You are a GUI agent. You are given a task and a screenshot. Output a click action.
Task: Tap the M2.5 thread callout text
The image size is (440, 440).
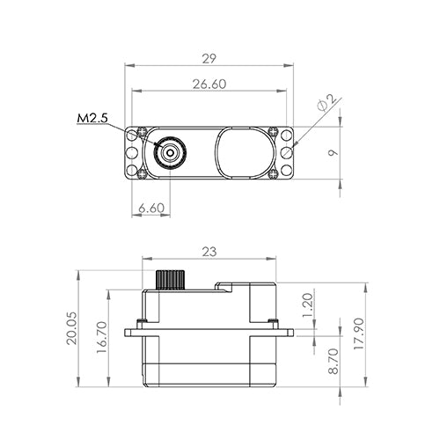pos(92,117)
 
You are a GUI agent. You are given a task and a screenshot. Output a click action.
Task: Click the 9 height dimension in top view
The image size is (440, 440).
pos(333,153)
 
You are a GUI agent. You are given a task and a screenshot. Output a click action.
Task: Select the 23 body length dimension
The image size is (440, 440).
pos(209,252)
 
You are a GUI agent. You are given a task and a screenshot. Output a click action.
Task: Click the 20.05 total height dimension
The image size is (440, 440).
pos(71,328)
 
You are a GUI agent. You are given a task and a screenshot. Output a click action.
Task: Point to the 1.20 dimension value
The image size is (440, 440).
pos(307,305)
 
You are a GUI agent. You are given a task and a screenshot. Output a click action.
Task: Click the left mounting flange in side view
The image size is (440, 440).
pos(134,333)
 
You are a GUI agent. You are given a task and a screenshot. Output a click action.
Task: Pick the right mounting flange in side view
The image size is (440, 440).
pos(283,333)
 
